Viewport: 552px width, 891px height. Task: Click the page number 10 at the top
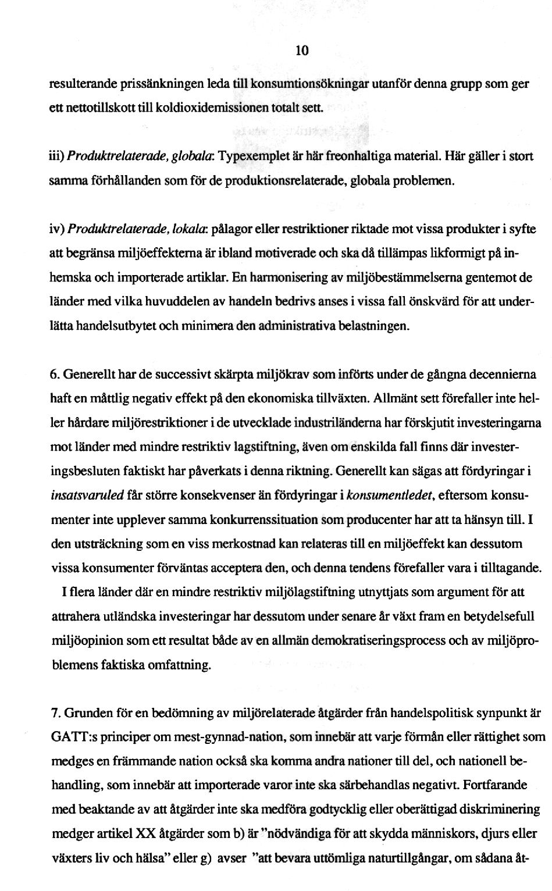[x=301, y=51]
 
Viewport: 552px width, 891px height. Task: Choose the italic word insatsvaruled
[x=87, y=496]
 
